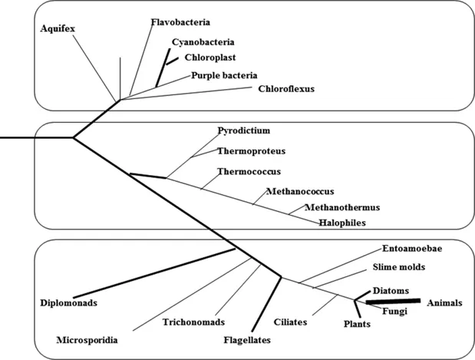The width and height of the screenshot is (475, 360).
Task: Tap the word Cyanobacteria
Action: coord(203,42)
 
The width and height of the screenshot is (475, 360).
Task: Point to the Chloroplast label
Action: coord(209,57)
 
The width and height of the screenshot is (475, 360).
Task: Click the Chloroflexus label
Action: coord(285,88)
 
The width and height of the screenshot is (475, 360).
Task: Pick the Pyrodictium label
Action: coord(244,130)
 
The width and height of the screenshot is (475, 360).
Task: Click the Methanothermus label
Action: coord(342,206)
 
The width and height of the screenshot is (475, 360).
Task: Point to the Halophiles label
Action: coord(342,223)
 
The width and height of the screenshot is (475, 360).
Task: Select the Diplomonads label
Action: coord(68,302)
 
